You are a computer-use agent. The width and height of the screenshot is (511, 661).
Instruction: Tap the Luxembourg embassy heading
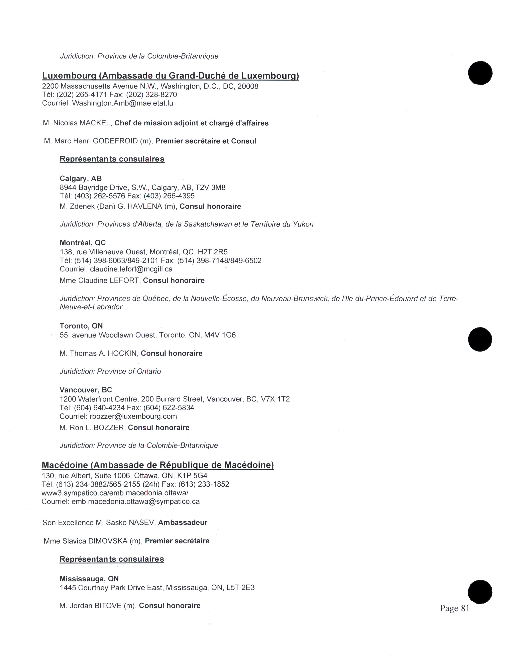point(171,76)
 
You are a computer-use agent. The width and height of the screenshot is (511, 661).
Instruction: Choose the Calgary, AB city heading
point(81,178)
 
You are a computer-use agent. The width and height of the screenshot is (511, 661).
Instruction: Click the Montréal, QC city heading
point(83,243)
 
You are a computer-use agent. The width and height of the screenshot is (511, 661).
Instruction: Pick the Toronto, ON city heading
point(81,326)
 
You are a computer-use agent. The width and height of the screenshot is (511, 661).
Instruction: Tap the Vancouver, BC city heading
point(86,390)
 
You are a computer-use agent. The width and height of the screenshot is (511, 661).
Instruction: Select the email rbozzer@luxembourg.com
point(133,416)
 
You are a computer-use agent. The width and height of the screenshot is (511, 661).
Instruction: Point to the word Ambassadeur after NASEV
point(183,522)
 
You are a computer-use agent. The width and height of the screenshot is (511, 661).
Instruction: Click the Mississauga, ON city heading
point(89,579)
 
